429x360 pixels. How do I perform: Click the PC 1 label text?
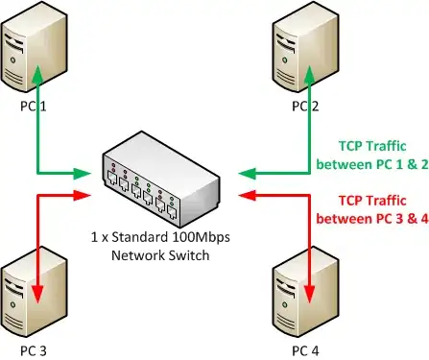(x=34, y=107)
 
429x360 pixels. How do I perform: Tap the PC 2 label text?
(x=305, y=107)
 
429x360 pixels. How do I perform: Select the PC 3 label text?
(x=34, y=350)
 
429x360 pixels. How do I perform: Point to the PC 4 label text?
(x=305, y=350)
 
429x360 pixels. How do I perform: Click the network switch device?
(x=161, y=180)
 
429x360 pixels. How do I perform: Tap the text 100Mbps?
(x=201, y=237)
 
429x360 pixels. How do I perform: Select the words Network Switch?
(x=160, y=255)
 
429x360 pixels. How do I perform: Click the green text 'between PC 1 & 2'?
(x=372, y=164)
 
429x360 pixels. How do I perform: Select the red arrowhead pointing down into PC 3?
(x=37, y=294)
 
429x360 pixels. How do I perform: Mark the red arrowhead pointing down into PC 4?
(x=309, y=294)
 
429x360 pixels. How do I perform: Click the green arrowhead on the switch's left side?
(x=83, y=174)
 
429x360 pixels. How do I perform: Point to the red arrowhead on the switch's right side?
(x=248, y=195)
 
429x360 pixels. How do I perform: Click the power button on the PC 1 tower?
(x=12, y=60)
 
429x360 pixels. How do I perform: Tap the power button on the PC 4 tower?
(x=284, y=305)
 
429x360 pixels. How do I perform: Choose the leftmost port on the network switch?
(x=112, y=177)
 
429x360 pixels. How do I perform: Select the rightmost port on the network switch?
(x=172, y=213)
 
